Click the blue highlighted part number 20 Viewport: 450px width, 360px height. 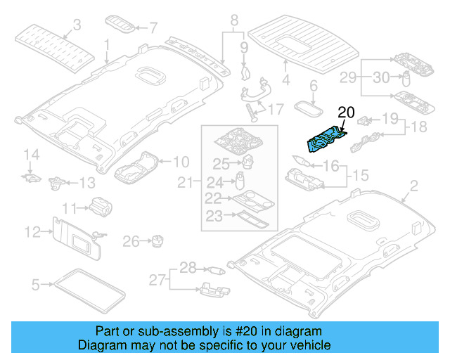[x=326, y=137]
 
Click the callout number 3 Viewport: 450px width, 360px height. [x=77, y=25]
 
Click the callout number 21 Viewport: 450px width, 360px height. [x=185, y=184]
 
